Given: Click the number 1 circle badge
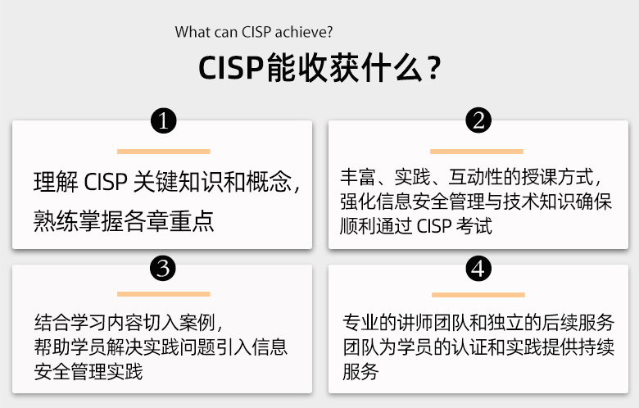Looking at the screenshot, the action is coord(163,120).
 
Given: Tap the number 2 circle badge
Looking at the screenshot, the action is coord(478,120).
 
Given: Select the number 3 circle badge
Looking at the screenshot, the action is coord(163,268).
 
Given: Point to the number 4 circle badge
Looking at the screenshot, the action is coord(478,268).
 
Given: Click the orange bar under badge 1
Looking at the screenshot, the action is coord(163,152).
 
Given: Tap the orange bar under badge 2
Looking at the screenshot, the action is coord(477,152).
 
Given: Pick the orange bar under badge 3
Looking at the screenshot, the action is coord(163,294).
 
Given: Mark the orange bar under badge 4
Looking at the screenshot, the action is coord(478,295).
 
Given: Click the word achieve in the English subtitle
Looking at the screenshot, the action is coord(304,32).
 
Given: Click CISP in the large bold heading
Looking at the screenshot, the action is coord(231,68).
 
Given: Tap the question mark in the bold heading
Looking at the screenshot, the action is coord(434,68).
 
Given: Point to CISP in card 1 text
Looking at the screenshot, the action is coord(106,182).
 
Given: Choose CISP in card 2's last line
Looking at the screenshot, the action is coord(434,226).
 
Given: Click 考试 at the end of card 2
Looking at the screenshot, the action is coord(474,226).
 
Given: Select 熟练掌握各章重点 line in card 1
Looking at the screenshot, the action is coord(124,221).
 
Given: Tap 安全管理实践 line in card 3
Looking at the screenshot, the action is coord(88,372).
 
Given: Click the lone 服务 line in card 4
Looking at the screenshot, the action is coord(360,371).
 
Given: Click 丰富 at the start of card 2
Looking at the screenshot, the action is coord(358,177).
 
